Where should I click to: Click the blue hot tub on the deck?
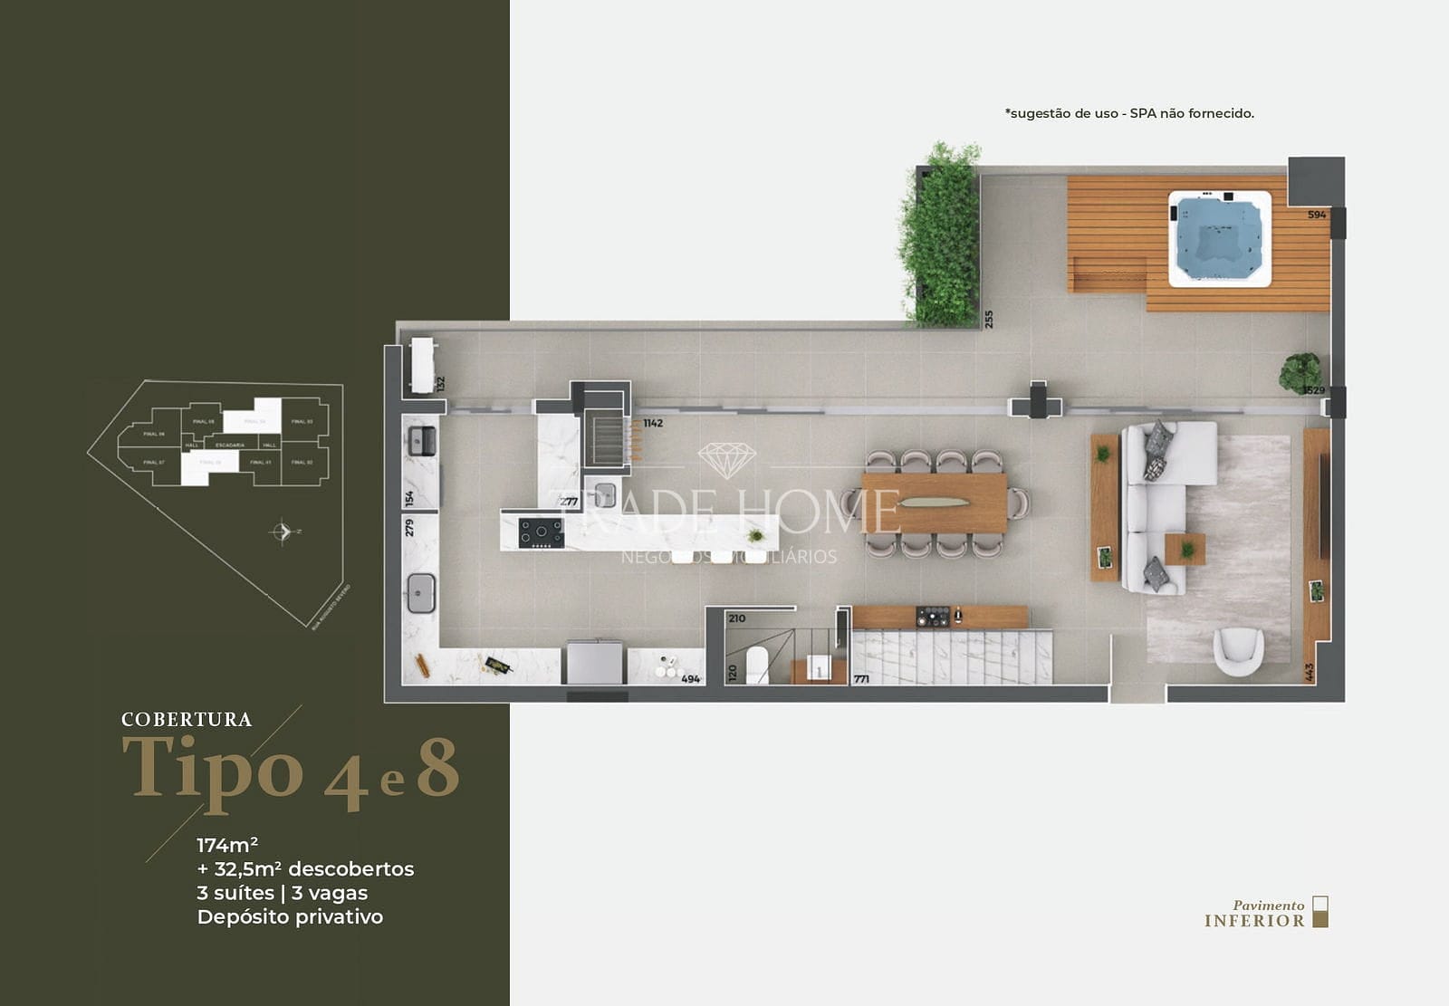[x=1219, y=238]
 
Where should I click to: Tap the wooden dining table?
[x=934, y=503]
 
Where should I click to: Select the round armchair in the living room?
[x=1238, y=651]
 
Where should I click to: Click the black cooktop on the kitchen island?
[x=541, y=532]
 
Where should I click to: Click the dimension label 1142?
[x=653, y=423]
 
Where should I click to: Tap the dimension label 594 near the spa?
[x=1317, y=215]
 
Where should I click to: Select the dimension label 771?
[x=861, y=678]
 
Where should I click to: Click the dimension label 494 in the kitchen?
[x=690, y=678]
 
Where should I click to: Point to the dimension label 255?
[x=989, y=319]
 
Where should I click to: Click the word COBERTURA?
[x=187, y=720]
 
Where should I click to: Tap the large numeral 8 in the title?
[x=438, y=770]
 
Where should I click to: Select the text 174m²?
[x=227, y=845]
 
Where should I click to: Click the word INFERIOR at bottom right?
[x=1254, y=921]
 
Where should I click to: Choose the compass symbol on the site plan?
[x=283, y=532]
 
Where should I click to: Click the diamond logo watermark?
[x=726, y=460]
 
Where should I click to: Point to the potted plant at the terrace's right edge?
[x=1300, y=372]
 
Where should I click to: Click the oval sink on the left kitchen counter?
[x=421, y=593]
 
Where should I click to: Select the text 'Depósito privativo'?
[x=290, y=917]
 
